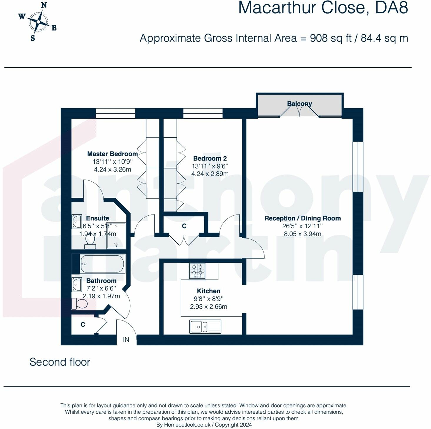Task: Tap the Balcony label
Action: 299,104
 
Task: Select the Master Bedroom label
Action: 112,154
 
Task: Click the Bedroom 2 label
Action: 210,158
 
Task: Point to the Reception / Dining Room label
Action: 302,218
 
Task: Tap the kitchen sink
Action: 205,327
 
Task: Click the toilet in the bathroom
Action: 80,304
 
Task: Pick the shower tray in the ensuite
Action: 116,235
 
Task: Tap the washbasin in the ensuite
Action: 77,222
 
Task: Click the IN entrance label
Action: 126,340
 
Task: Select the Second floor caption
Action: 60,362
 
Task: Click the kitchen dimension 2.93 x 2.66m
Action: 208,307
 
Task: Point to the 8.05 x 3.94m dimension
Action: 302,234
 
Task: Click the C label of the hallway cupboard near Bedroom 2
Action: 184,226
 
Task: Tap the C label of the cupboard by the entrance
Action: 83,324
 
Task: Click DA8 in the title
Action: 391,8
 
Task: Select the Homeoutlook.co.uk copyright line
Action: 204,425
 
